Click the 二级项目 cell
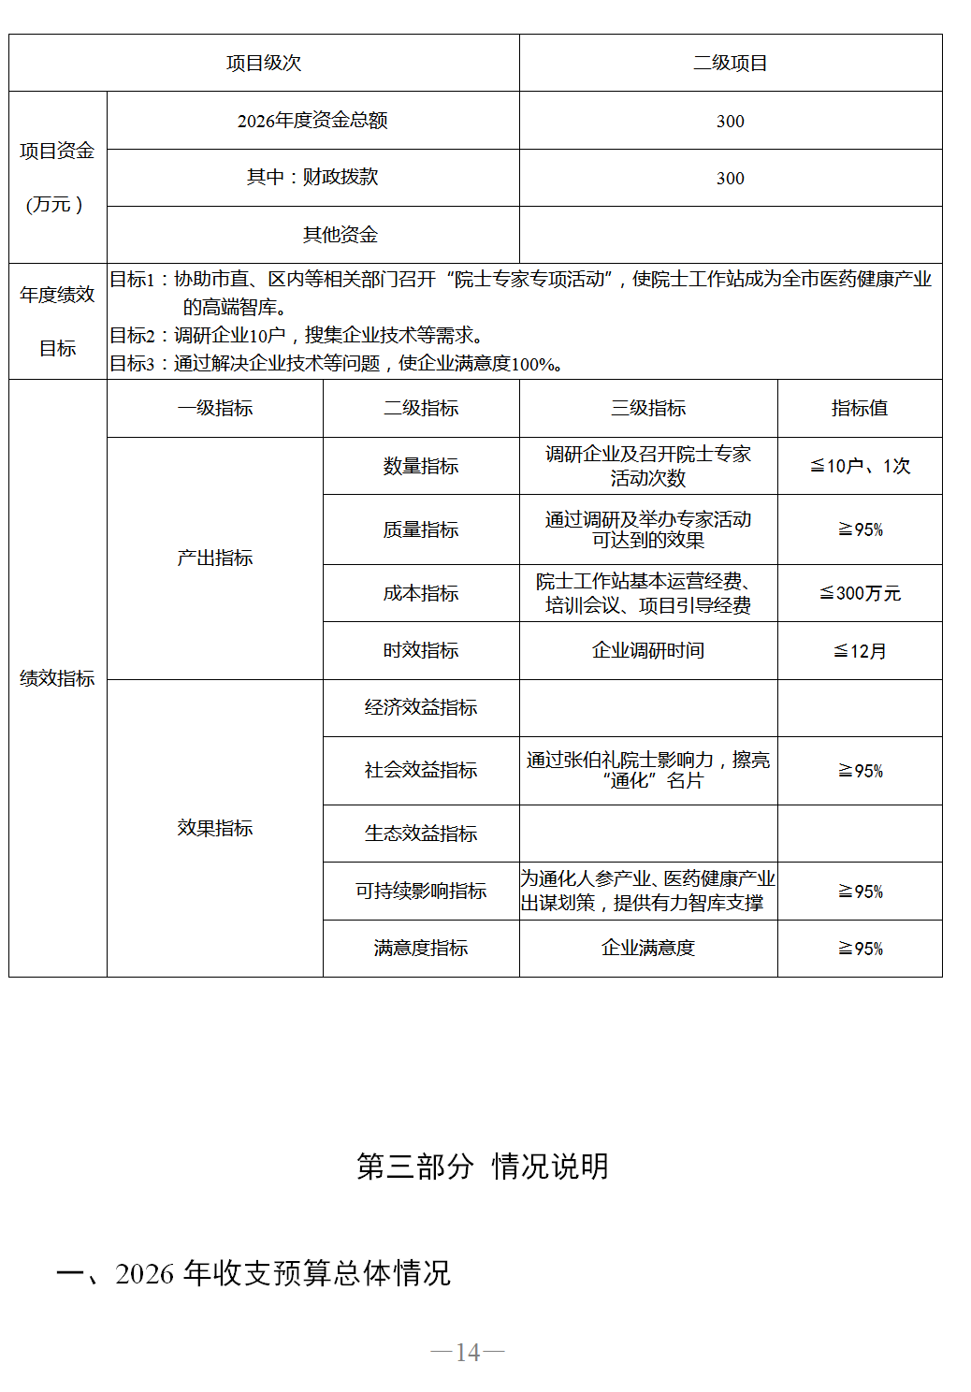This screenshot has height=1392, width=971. (730, 64)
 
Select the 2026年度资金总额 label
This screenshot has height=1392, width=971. (312, 121)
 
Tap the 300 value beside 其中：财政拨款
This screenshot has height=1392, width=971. (730, 179)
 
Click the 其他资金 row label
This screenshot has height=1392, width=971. (340, 235)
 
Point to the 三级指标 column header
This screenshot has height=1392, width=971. (647, 409)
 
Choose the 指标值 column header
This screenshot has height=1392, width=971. (859, 409)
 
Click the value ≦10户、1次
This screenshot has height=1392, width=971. (859, 466)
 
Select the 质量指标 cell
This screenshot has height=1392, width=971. (420, 530)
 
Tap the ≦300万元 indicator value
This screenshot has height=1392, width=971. (859, 594)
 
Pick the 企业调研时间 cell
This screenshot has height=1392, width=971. (647, 651)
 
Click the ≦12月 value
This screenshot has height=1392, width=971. (859, 651)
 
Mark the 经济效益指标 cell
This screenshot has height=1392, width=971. (420, 708)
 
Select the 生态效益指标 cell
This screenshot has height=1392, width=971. (420, 834)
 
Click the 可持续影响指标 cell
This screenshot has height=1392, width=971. (420, 892)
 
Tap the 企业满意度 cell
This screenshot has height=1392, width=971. (647, 949)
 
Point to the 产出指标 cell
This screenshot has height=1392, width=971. (214, 558)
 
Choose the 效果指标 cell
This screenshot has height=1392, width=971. (214, 829)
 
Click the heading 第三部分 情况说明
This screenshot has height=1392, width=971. (483, 1167)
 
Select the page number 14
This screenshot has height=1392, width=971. (468, 1353)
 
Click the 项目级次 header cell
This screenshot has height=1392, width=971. (264, 64)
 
